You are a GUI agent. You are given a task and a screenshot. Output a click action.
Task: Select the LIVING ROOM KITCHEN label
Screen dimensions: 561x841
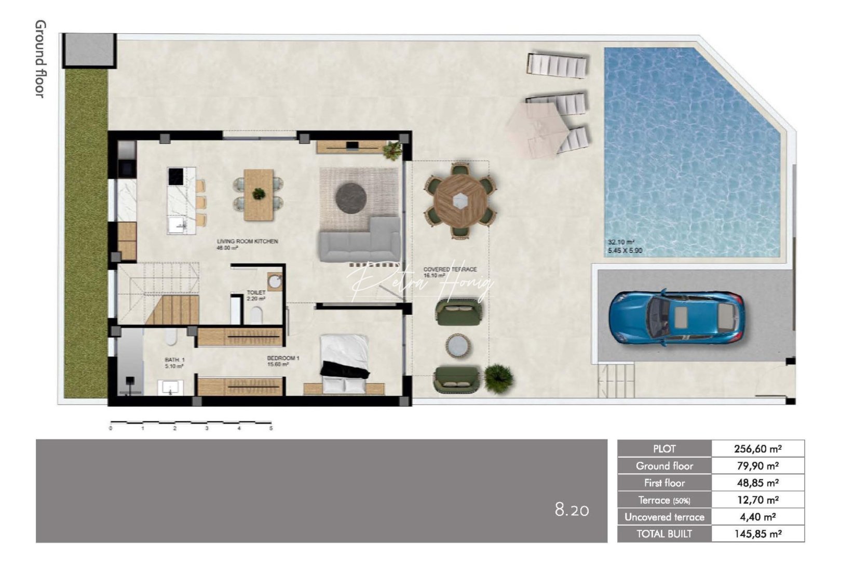point(247,242)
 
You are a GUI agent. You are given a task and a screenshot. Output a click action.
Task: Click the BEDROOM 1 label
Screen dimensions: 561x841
point(283,358)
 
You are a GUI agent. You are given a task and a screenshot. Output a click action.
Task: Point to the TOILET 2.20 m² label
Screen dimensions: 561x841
point(256,296)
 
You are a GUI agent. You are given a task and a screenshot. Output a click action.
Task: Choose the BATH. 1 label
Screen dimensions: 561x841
point(174,360)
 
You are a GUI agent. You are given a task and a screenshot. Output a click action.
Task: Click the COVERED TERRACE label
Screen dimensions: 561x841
point(450,270)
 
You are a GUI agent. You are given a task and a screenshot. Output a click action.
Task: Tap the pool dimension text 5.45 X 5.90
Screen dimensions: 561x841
point(625,251)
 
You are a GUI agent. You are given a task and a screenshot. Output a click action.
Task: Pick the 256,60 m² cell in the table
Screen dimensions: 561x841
point(757,449)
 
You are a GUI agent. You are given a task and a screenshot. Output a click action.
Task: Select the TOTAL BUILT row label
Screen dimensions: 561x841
point(664,534)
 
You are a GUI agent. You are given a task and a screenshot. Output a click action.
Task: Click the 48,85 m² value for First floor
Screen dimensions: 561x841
point(757,483)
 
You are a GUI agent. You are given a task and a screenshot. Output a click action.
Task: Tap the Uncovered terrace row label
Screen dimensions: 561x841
point(664,517)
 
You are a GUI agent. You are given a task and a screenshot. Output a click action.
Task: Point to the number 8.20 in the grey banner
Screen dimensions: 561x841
point(572,510)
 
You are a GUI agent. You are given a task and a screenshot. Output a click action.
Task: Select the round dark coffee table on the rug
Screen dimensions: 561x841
point(351,198)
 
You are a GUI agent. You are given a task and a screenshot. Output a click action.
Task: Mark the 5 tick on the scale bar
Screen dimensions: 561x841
point(271,427)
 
